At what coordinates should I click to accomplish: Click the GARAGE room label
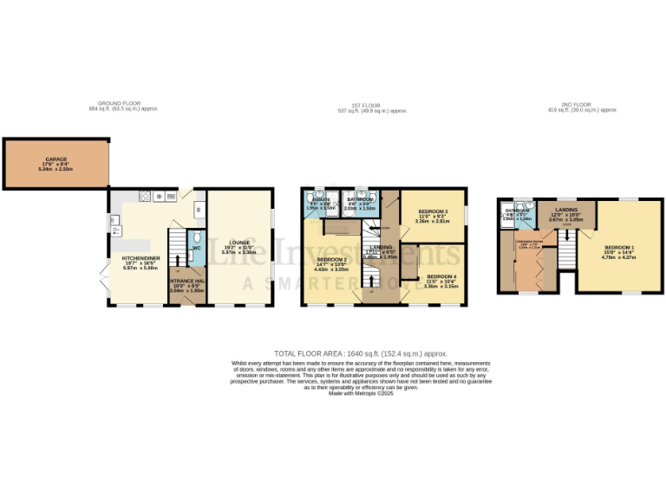click(55, 159)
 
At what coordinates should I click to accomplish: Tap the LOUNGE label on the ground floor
click(240, 242)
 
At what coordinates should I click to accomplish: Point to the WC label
click(196, 248)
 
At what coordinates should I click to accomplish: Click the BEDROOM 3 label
click(433, 211)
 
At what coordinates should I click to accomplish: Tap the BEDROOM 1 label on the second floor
click(620, 248)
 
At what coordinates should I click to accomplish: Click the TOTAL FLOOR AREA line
click(361, 353)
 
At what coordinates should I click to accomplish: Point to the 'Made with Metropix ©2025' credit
click(361, 393)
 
